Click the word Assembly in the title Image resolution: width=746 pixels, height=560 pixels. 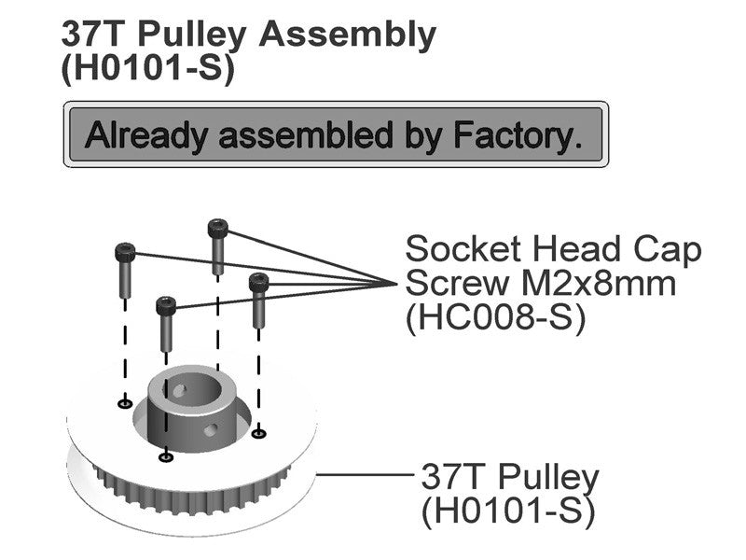(x=347, y=35)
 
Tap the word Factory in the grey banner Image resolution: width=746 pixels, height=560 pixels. (x=518, y=136)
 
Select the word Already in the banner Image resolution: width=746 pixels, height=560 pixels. (x=146, y=136)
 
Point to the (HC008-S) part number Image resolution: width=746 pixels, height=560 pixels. (x=495, y=317)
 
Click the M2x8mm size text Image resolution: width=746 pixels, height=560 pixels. (x=599, y=284)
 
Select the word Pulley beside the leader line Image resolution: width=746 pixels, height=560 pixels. (x=548, y=478)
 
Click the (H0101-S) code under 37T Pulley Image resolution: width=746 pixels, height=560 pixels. (x=508, y=511)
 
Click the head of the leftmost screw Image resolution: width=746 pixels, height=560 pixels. (x=125, y=252)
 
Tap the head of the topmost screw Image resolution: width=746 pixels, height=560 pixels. (x=218, y=228)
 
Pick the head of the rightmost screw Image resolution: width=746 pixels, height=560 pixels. (x=259, y=283)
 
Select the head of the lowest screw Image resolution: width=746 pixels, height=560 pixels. (x=166, y=306)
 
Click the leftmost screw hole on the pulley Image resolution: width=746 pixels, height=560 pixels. (x=125, y=404)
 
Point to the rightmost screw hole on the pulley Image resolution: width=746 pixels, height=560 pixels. (x=258, y=433)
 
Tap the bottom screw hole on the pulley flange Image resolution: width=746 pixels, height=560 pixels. (x=166, y=457)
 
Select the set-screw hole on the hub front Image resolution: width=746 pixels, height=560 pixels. (x=211, y=430)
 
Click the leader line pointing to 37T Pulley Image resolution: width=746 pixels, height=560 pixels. (x=366, y=474)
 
